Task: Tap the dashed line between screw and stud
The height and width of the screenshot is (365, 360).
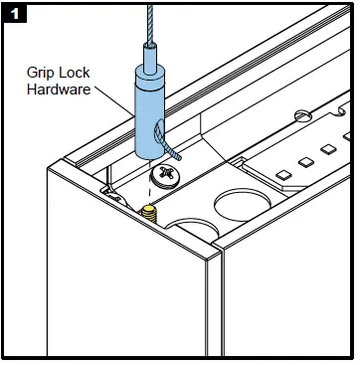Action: point(154,195)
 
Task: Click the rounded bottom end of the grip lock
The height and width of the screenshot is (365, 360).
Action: point(150,151)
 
